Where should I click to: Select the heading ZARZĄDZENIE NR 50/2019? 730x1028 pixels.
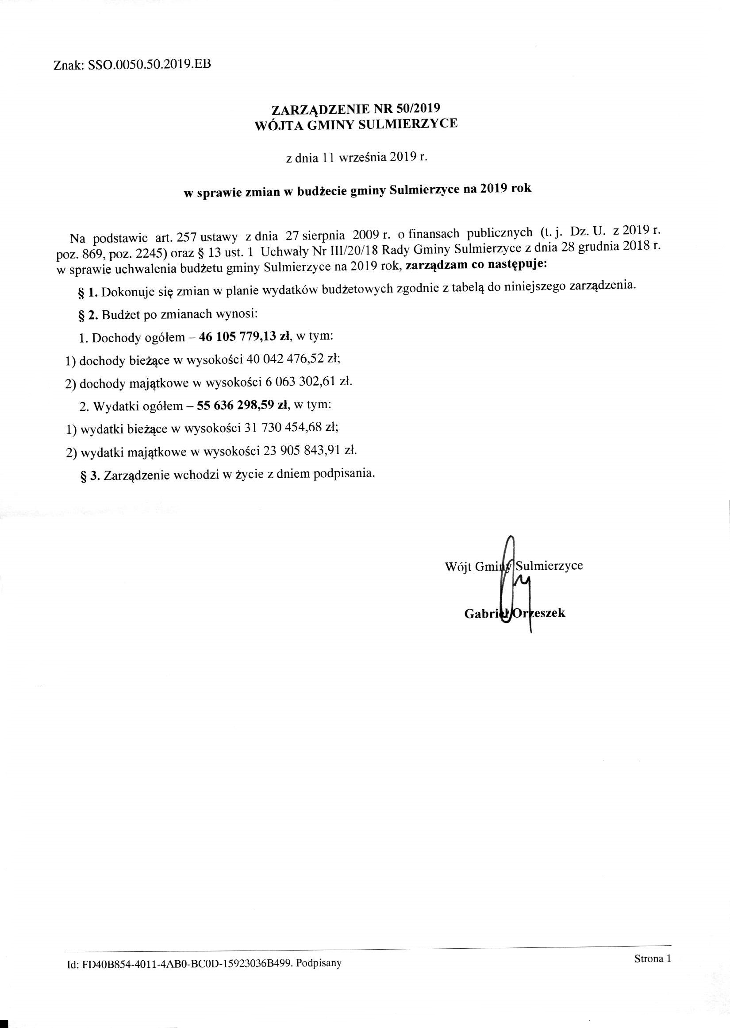click(356, 109)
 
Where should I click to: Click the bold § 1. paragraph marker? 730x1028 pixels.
click(88, 293)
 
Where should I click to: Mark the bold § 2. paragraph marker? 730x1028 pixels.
click(88, 315)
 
